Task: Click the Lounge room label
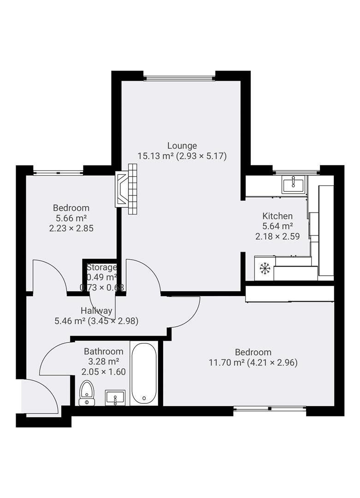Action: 182,146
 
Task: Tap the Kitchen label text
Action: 277,216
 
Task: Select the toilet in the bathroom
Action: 87,393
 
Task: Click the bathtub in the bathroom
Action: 144,373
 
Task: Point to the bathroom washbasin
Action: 115,397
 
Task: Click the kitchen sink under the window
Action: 293,185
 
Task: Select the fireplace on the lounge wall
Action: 127,190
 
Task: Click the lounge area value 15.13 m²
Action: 155,156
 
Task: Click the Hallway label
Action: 96,310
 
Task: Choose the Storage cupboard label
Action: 101,267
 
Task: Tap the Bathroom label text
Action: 103,351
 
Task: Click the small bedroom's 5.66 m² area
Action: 71,218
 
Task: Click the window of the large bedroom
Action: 270,408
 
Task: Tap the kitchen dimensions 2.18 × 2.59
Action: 277,236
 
